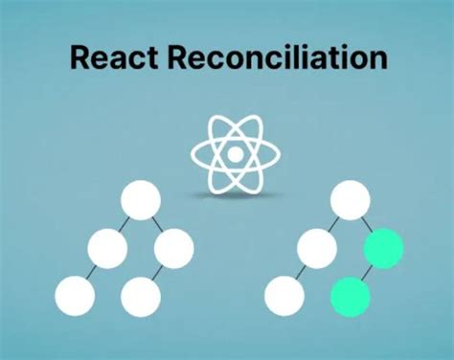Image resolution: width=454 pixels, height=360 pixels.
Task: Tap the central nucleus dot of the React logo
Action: click(235, 153)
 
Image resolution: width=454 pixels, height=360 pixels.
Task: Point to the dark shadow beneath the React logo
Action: click(235, 195)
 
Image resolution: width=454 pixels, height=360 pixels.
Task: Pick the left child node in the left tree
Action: click(107, 250)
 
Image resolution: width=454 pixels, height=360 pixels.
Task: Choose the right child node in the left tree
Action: click(173, 250)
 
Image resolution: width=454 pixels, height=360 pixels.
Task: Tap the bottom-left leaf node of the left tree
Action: click(75, 295)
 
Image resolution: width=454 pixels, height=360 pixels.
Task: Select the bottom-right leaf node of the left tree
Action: click(140, 295)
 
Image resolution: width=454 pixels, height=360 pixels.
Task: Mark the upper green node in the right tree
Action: click(383, 249)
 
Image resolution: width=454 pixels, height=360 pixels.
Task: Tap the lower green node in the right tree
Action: click(350, 294)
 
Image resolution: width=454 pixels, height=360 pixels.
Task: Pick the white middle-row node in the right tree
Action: click(316, 250)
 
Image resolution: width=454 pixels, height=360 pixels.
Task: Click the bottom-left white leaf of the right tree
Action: click(284, 295)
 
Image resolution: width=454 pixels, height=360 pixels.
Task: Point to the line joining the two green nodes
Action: click(367, 272)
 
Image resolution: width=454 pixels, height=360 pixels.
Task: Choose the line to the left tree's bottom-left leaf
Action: click(91, 273)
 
